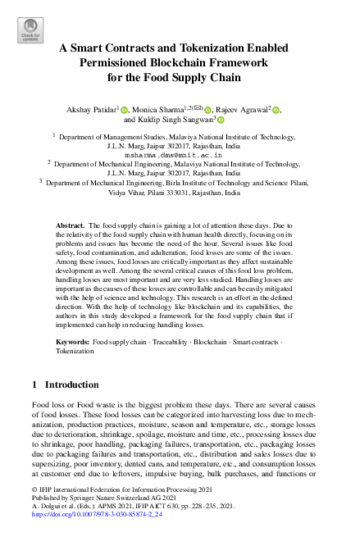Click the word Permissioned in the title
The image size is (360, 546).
[x=119, y=63]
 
